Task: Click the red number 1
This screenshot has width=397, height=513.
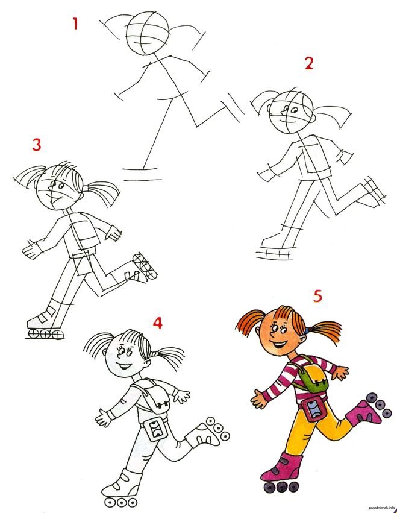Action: point(75,24)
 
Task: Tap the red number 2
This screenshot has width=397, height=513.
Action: point(308,63)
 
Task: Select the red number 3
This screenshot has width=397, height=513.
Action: point(37,144)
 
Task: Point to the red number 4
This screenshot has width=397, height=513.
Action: point(158,323)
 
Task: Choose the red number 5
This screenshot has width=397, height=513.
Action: point(317,296)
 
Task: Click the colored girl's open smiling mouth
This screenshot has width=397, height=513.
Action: point(280,344)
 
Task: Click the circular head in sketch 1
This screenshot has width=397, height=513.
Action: point(148,33)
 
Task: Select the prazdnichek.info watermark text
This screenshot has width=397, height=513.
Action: point(381,508)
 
